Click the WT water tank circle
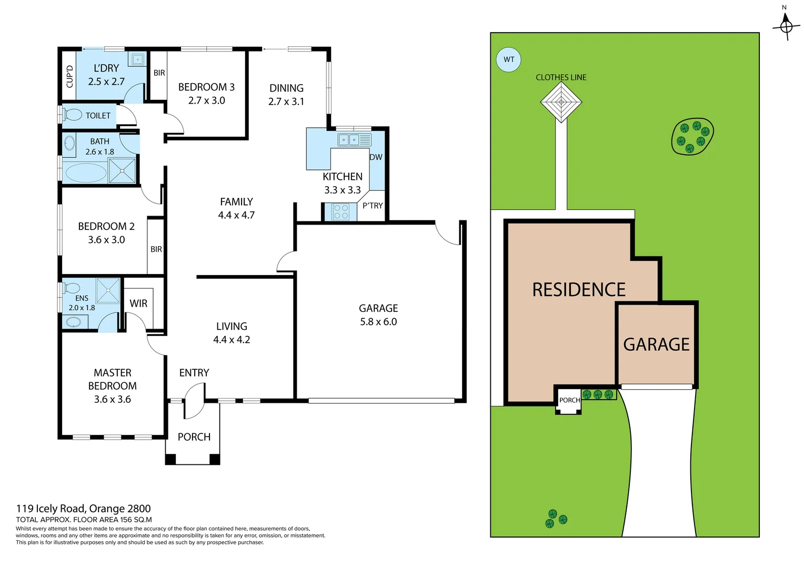pyautogui.click(x=508, y=59)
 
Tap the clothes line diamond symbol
pyautogui.click(x=561, y=102)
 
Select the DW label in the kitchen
pyautogui.click(x=376, y=157)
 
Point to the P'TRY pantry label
pyautogui.click(x=373, y=206)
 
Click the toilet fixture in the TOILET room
pyautogui.click(x=72, y=115)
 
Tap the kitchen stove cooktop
pyautogui.click(x=340, y=212)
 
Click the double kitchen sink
pyautogui.click(x=349, y=140)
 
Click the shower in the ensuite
pyautogui.click(x=108, y=290)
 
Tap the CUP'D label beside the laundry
pyautogui.click(x=69, y=76)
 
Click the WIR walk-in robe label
pyautogui.click(x=138, y=303)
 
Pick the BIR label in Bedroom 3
pyautogui.click(x=159, y=73)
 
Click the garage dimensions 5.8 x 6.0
pyautogui.click(x=378, y=322)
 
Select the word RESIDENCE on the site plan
pyautogui.click(x=578, y=290)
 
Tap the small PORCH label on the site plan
pyautogui.click(x=569, y=400)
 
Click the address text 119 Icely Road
pyautogui.click(x=83, y=509)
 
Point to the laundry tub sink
pyautogui.click(x=137, y=59)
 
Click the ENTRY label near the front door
pyautogui.click(x=194, y=373)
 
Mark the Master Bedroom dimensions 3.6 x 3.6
pyautogui.click(x=112, y=399)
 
